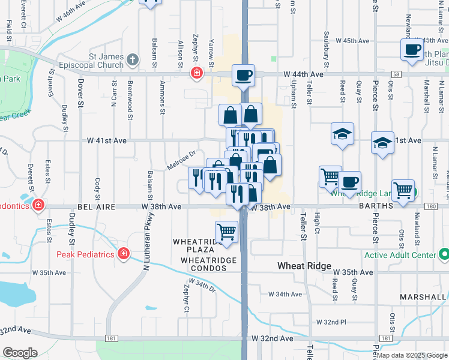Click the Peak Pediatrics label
[x=86, y=254]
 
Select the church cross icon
[x=133, y=60]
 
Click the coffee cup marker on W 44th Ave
[x=243, y=76]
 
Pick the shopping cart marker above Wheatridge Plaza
[x=226, y=231]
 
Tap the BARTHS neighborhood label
[x=376, y=206]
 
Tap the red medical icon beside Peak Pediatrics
[x=124, y=254]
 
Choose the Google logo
[x=20, y=353]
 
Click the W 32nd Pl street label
[x=331, y=322]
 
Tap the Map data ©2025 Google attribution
[x=411, y=355]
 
